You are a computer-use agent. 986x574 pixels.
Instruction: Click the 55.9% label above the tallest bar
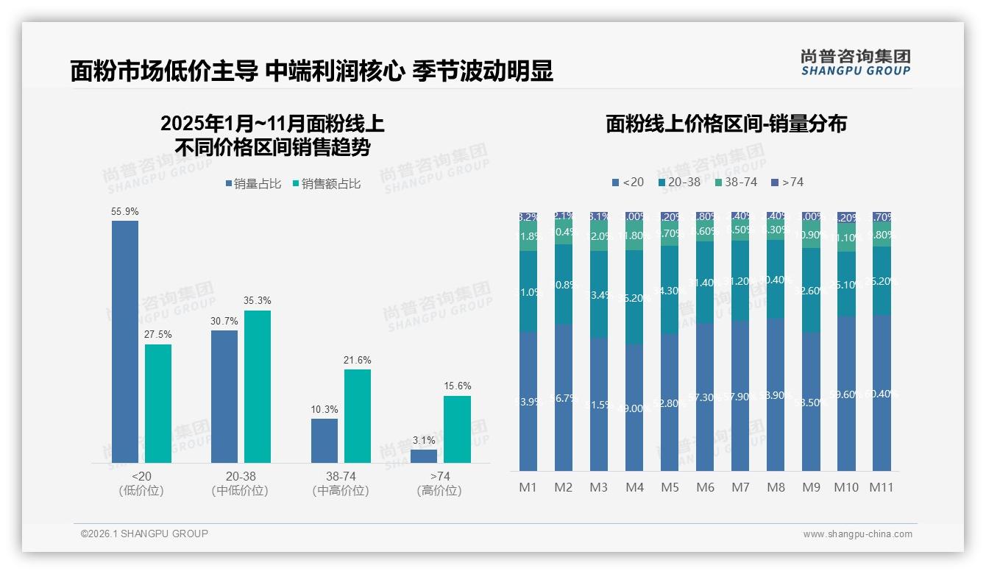[125, 211]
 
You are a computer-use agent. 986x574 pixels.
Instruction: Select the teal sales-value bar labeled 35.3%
[258, 386]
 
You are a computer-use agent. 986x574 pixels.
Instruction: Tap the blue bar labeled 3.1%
[424, 456]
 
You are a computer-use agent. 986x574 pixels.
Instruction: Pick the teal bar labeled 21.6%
[358, 416]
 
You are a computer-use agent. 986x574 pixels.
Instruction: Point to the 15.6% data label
[458, 386]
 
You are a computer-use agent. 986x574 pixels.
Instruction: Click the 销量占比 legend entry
[253, 184]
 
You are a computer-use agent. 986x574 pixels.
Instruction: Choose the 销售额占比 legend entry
[327, 184]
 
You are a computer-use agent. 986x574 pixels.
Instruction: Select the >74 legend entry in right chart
[787, 182]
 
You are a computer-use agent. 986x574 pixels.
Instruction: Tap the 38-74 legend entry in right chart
[736, 182]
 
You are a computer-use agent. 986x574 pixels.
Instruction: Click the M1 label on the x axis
[528, 487]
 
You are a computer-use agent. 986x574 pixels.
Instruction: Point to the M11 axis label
[882, 487]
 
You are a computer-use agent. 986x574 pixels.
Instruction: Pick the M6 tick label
[705, 487]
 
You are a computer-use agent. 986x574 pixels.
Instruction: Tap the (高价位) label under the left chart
[439, 491]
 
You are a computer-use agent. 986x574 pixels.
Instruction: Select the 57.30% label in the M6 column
[705, 397]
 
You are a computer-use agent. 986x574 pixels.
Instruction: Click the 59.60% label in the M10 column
[846, 394]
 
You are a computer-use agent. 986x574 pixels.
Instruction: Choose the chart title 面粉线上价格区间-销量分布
[726, 124]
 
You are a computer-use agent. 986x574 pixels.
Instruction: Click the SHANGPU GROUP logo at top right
[855, 62]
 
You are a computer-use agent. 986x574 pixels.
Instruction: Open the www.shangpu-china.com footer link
[857, 534]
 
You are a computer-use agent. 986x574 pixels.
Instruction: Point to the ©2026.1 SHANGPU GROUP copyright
[144, 534]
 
